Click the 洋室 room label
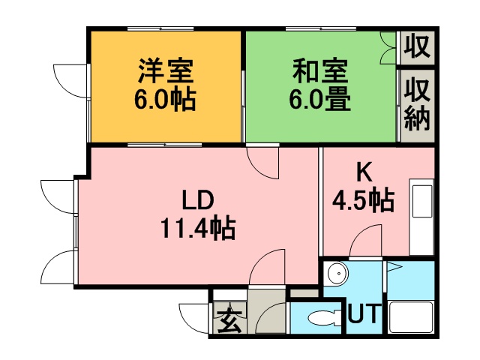click(166, 70)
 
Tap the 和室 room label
click(320, 70)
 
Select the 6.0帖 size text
click(165, 100)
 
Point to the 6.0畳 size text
click(320, 100)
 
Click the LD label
click(198, 199)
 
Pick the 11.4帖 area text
click(198, 228)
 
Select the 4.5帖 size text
click(363, 200)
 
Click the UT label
click(364, 313)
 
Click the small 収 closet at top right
click(417, 46)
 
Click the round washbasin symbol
click(337, 273)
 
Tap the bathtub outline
click(411, 317)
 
